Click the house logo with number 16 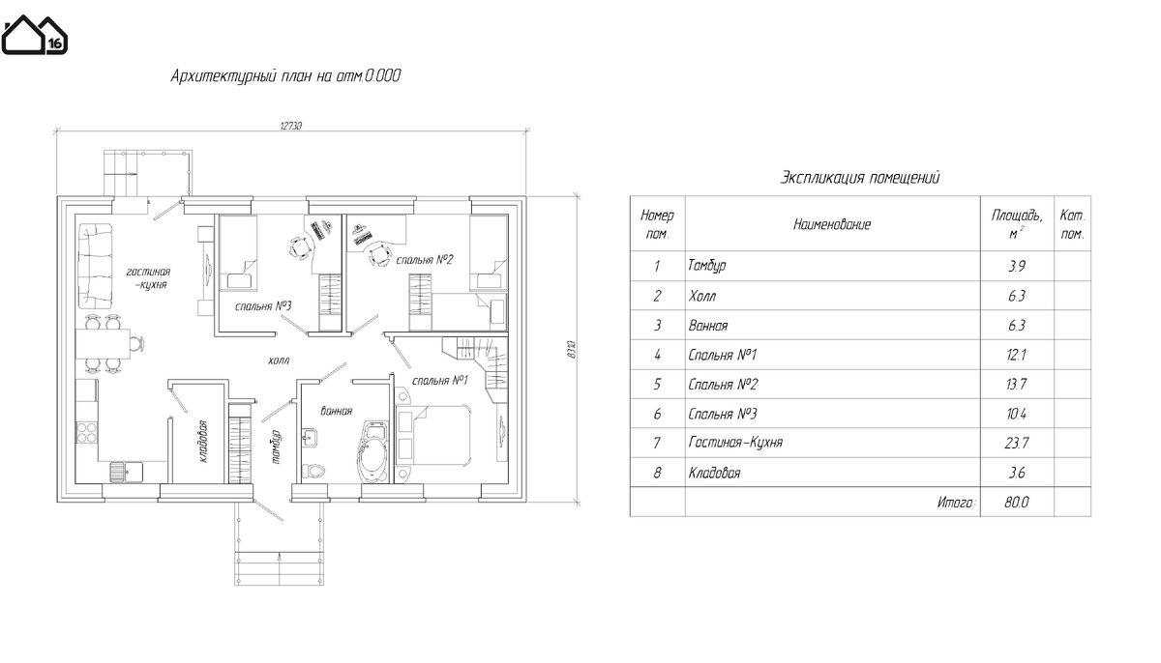point(34,35)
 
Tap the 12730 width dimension point(291,126)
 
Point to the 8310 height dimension point(571,350)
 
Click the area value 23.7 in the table point(1017,443)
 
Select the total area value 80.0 point(1017,502)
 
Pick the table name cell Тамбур point(706,266)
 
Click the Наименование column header point(832,224)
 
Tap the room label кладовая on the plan point(202,442)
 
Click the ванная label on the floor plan point(337,411)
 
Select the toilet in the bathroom point(313,471)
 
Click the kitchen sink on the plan point(127,472)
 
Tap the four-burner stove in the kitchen point(86,433)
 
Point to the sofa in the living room point(95,266)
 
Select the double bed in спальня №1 point(434,436)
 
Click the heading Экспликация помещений point(860,178)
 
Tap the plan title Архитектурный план point(285,76)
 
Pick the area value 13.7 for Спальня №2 point(1017,385)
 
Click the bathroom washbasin point(309,438)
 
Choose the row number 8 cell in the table point(657,473)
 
